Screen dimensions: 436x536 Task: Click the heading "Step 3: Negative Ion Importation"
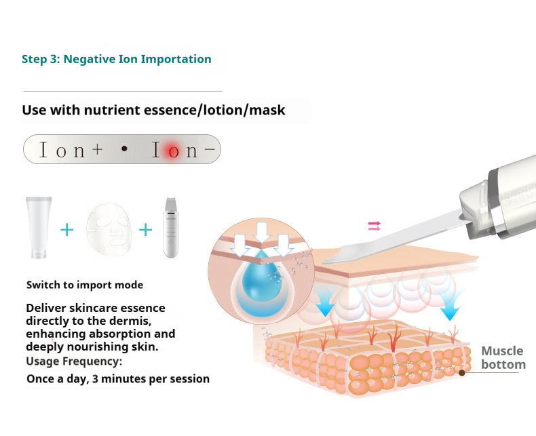pyautogui.click(x=116, y=59)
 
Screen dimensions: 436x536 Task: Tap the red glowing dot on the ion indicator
pyautogui.click(x=172, y=151)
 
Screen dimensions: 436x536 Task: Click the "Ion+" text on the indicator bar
pyautogui.click(x=71, y=151)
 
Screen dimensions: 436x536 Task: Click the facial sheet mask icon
pyautogui.click(x=106, y=227)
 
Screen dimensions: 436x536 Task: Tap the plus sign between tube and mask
pyautogui.click(x=66, y=229)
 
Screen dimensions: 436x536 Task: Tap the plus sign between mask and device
pyautogui.click(x=146, y=229)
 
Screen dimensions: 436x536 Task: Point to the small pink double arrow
pyautogui.click(x=374, y=226)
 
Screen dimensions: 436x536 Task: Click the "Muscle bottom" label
pyautogui.click(x=503, y=357)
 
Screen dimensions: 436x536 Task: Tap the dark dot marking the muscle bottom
pyautogui.click(x=462, y=372)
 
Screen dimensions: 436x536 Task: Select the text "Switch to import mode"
pyautogui.click(x=85, y=285)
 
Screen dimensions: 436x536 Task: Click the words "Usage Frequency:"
pyautogui.click(x=74, y=361)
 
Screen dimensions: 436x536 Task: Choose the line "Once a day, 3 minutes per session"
pyautogui.click(x=118, y=378)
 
